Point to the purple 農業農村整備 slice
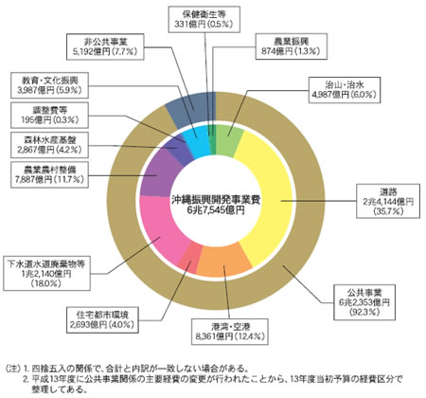click(157, 173)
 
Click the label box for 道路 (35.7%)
click(388, 201)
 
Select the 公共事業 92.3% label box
click(364, 302)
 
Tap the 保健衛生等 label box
click(204, 19)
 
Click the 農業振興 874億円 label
click(291, 46)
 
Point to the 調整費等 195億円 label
click(49, 115)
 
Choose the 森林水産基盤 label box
click(49, 145)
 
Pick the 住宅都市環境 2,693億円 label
click(102, 319)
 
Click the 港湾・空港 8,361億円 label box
click(230, 332)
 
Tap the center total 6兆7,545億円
click(216, 210)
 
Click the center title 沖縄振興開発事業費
click(216, 200)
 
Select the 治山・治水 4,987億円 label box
click(345, 90)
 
